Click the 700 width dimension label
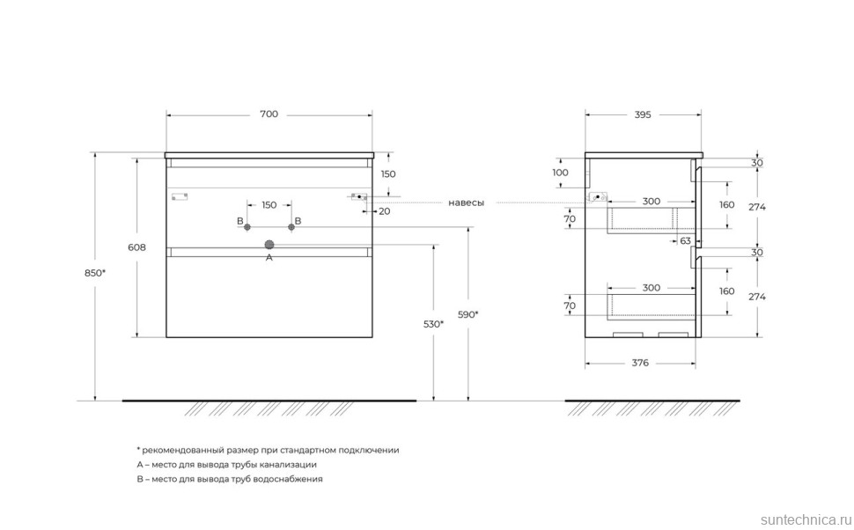coord(269,114)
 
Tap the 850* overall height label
coord(95,273)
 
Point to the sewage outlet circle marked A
coord(269,244)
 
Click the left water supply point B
coord(247,226)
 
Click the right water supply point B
coord(291,226)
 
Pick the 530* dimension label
coord(433,324)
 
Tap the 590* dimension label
coord(467,314)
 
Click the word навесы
coord(466,202)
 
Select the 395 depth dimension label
coord(642,114)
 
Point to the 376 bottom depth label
coord(640,363)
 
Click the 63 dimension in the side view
coord(685,239)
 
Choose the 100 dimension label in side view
coord(561,173)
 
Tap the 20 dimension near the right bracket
coord(385,211)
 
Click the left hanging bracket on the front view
coord(181,197)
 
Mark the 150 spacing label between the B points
coord(269,205)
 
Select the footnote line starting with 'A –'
coord(226,464)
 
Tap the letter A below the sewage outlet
coord(269,258)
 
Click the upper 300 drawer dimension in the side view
coord(651,202)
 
